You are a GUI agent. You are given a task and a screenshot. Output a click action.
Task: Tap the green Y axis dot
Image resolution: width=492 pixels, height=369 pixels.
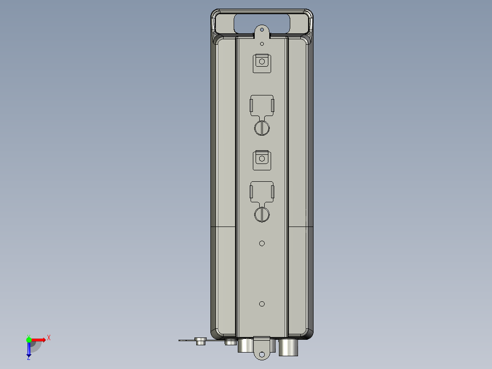click(29, 339)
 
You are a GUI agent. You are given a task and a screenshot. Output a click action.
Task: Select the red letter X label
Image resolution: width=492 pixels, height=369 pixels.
click(49, 337)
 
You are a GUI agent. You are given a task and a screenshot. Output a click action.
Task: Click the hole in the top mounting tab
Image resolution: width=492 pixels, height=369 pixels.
click(262, 30)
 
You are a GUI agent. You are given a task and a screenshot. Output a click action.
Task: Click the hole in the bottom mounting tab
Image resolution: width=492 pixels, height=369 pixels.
click(262, 354)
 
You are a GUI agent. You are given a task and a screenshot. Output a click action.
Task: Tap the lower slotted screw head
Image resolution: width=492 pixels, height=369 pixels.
click(262, 214)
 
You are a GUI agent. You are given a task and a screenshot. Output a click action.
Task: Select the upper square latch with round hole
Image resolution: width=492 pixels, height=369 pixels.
click(262, 63)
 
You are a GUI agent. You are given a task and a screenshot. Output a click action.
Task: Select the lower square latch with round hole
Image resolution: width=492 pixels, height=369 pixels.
click(262, 159)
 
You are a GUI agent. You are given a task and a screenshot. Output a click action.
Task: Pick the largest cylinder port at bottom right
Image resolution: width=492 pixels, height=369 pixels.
click(288, 348)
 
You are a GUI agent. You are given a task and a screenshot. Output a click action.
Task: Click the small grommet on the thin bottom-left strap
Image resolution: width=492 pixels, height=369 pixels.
click(200, 341)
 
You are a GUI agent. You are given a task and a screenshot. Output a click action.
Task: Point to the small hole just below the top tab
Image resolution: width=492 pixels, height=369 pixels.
click(262, 44)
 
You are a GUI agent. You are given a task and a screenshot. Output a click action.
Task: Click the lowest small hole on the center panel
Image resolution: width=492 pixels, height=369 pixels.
click(262, 304)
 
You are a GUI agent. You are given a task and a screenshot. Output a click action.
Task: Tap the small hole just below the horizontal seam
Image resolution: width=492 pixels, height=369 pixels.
click(262, 243)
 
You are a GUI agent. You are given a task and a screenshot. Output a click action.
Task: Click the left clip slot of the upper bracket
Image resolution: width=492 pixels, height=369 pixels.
click(251, 105)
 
